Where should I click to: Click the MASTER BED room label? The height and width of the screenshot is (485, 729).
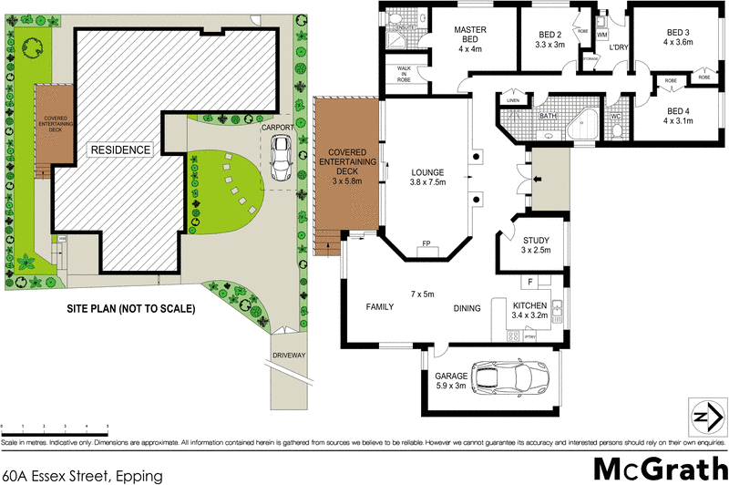471,36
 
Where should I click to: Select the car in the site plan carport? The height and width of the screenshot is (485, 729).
282,160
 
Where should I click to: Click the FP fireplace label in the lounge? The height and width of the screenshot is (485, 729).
426,244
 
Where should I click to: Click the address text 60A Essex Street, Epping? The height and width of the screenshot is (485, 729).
81,475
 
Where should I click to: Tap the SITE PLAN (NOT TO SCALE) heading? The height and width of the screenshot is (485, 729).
131,309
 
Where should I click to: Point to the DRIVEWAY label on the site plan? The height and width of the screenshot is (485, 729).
290,355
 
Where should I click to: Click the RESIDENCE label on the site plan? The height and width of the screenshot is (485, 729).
119,149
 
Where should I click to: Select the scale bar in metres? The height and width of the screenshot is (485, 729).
55,428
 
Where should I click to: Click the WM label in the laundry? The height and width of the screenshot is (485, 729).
602,36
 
